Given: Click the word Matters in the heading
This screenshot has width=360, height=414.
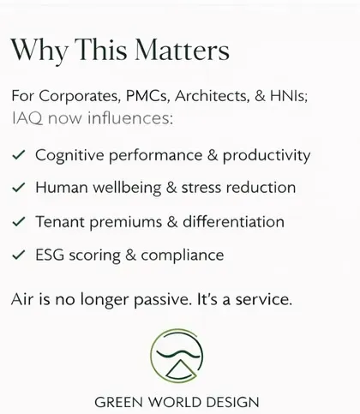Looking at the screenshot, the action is click(182, 50).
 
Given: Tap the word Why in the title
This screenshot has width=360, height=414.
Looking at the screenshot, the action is click(39, 51).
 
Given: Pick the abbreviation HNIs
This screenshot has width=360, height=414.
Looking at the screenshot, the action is click(289, 95).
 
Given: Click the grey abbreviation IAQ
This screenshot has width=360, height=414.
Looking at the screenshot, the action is click(27, 118).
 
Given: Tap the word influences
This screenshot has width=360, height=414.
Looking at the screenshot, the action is click(130, 117).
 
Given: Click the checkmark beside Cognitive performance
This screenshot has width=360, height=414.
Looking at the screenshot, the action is click(19, 155).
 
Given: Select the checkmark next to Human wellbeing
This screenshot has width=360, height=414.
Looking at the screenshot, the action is click(19, 188).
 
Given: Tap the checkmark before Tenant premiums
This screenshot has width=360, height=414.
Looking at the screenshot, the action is click(19, 222).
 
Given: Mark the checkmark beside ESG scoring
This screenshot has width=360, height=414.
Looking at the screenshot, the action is click(19, 255).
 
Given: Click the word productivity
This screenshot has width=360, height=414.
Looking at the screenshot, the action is click(267, 156).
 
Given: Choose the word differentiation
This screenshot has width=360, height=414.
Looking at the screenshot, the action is click(233, 221).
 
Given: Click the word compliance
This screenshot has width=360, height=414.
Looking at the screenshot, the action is click(183, 255).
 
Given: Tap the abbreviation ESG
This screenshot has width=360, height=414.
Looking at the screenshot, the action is click(50, 255).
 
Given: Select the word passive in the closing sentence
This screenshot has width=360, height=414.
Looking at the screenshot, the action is click(162, 300).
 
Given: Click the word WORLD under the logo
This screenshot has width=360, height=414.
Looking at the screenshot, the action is click(176, 402).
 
